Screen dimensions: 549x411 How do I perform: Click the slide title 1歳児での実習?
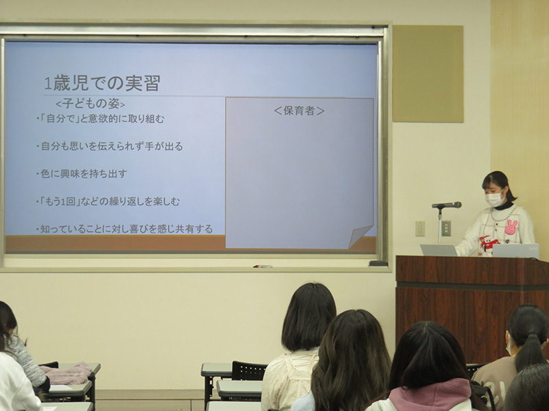click(x=102, y=83)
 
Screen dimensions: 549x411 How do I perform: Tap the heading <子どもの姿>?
click(x=91, y=104)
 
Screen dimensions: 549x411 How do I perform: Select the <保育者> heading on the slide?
click(x=299, y=111)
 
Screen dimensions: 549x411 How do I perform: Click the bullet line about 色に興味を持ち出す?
click(x=82, y=174)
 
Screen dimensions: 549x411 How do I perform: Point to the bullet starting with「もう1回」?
click(x=108, y=201)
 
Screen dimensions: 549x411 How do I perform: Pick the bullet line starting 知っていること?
click(x=124, y=229)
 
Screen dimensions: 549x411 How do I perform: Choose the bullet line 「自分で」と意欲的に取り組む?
click(x=100, y=119)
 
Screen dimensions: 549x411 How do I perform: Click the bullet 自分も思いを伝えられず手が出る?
click(x=110, y=146)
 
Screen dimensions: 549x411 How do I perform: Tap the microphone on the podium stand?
click(x=447, y=205)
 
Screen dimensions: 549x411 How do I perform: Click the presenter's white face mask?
click(x=494, y=199)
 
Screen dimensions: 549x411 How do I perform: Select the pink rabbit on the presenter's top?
click(x=511, y=227)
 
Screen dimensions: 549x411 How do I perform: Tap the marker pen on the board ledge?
click(x=263, y=266)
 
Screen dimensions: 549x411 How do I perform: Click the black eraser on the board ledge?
click(x=378, y=263)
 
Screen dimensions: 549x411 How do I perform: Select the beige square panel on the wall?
click(x=428, y=74)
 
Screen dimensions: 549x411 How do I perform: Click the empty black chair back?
click(x=249, y=371)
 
